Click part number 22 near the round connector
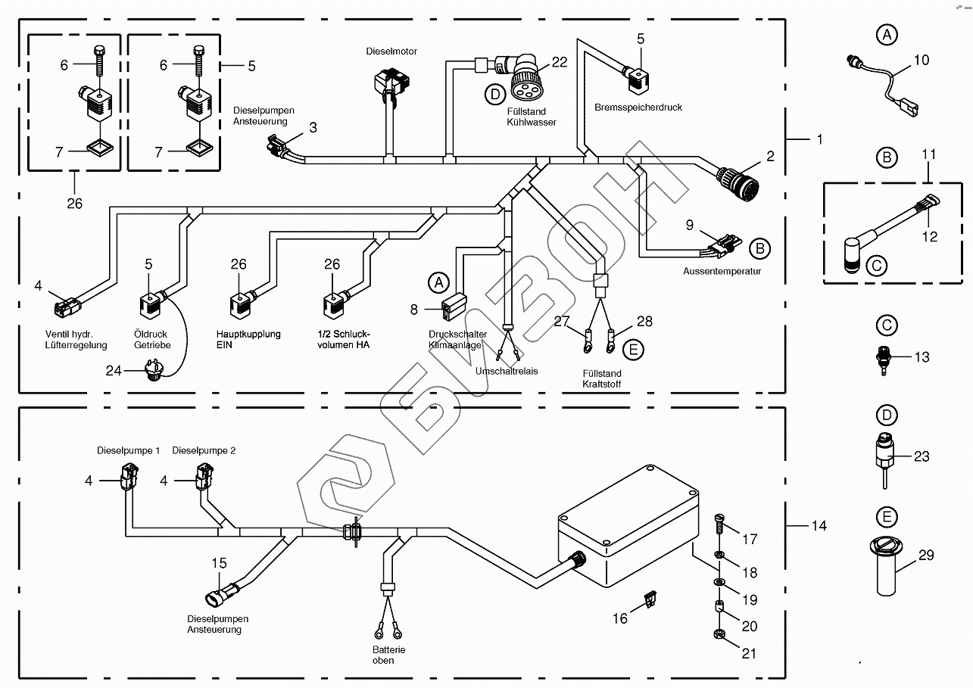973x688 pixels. click(560, 62)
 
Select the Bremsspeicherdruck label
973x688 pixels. click(638, 107)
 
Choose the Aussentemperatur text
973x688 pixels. click(722, 270)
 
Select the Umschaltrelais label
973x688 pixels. click(506, 372)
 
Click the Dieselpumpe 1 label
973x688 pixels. click(128, 450)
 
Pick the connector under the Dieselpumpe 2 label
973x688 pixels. click(204, 476)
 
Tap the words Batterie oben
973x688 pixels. click(388, 655)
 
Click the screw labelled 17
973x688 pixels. click(719, 521)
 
